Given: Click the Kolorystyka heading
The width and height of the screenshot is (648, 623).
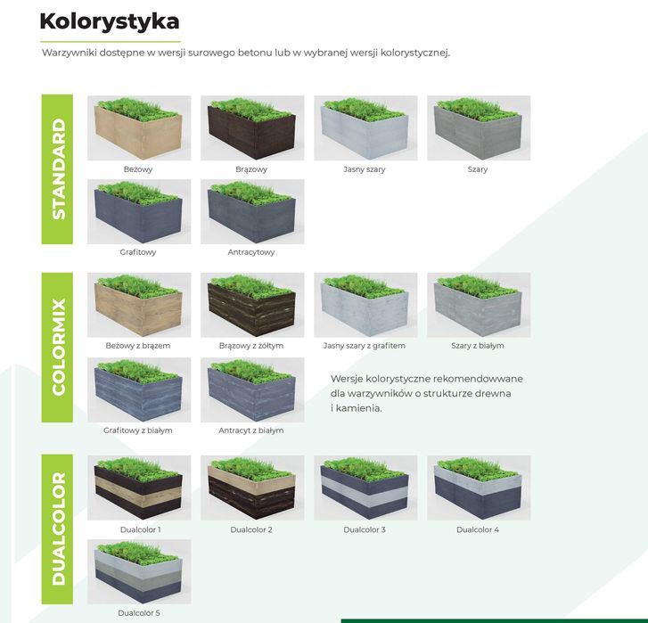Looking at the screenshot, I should (x=110, y=21).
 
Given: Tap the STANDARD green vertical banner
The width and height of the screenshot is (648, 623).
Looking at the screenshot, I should (x=57, y=168).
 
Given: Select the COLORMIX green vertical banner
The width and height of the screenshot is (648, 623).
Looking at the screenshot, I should (x=57, y=347).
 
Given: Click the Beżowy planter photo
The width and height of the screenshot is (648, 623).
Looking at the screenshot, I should (x=139, y=128).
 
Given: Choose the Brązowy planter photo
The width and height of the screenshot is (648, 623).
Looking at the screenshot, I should (x=252, y=128).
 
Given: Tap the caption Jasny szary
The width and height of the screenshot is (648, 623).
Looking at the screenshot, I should (x=365, y=169).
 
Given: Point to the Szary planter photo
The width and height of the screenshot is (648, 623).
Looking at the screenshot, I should (x=479, y=128).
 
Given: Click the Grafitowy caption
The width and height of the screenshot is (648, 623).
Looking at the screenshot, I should (x=138, y=252).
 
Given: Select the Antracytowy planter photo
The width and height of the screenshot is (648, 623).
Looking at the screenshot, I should (x=252, y=212).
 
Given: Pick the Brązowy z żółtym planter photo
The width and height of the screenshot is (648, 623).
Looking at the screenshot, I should (x=252, y=305).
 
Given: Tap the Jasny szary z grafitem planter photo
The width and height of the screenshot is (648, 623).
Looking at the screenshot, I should (x=365, y=305).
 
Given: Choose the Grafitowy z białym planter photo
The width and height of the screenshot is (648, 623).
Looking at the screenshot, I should (x=139, y=390).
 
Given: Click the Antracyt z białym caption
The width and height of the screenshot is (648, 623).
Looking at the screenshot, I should (x=251, y=430).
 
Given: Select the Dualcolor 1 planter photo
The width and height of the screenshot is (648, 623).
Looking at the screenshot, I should (x=139, y=488).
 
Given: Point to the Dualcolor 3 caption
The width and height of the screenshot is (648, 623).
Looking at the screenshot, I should (x=365, y=530).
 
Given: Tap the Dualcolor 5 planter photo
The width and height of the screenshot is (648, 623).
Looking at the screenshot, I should (x=139, y=571).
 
